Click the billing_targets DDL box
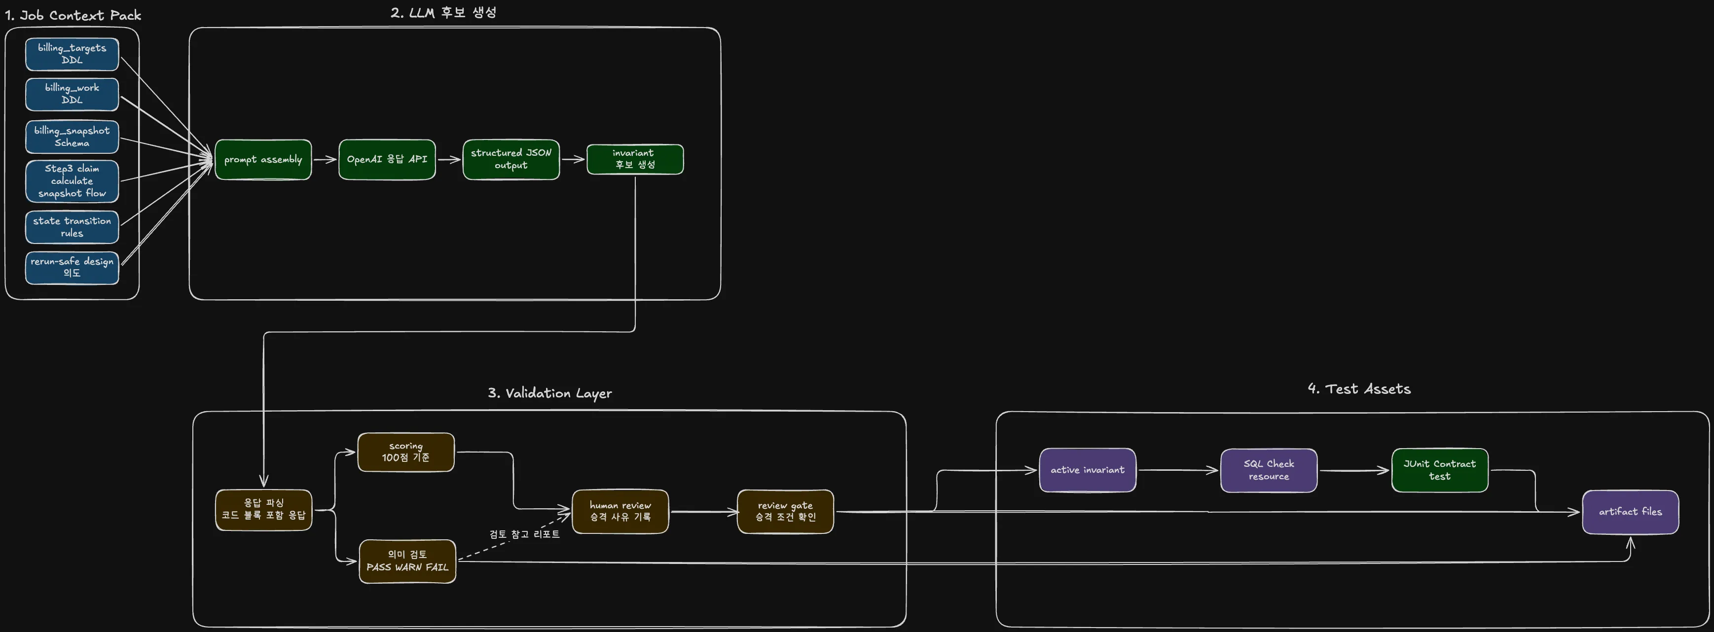(x=72, y=54)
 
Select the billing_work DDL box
(x=72, y=94)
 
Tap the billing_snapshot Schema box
(x=72, y=137)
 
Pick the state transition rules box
(x=72, y=227)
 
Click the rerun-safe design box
(x=72, y=267)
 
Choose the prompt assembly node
(x=263, y=160)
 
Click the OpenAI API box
(x=387, y=160)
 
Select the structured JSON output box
(x=511, y=160)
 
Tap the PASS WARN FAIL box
(x=407, y=562)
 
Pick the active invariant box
(x=1087, y=470)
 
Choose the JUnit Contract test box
(x=1440, y=470)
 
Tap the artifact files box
(x=1630, y=512)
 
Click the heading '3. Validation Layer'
(x=549, y=393)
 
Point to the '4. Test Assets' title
(x=1359, y=389)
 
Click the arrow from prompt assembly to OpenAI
(x=325, y=160)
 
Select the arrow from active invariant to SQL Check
(x=1178, y=470)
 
